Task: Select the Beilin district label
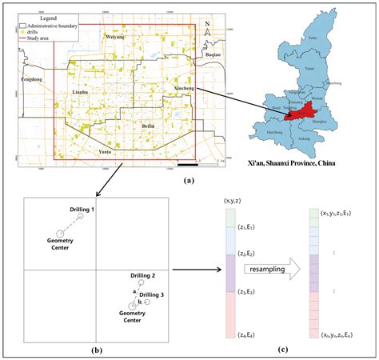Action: pos(148,126)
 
